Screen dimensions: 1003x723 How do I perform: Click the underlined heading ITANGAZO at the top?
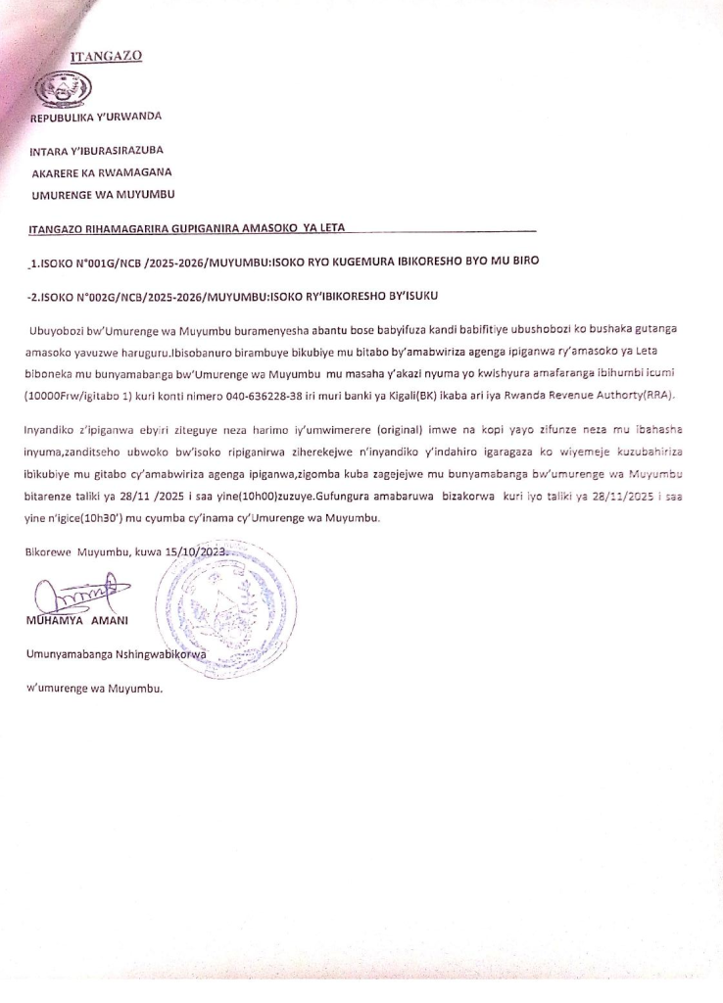107,56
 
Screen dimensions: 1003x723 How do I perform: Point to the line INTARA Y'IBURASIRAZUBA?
96,151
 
